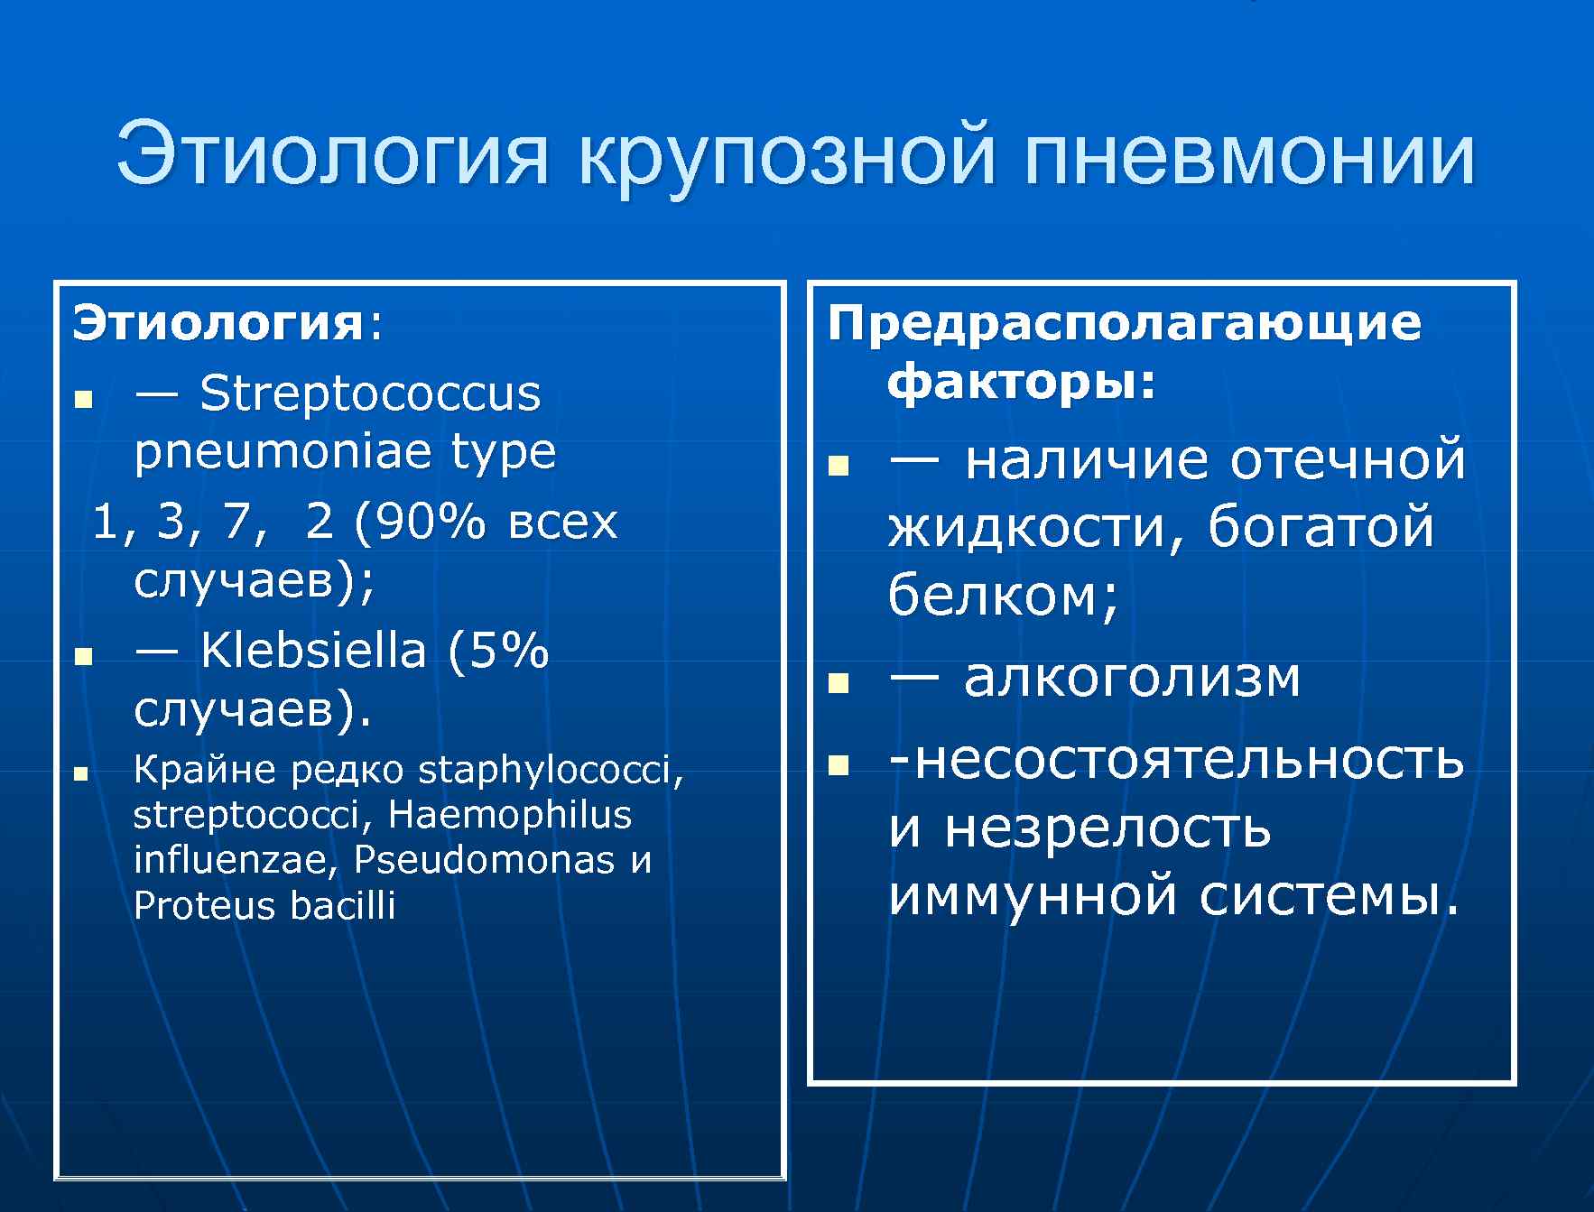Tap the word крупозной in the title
786,155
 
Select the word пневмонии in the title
1250,155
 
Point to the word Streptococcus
370,394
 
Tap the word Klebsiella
312,650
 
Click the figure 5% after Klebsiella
510,650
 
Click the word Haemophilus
510,815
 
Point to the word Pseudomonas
484,860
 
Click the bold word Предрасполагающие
1124,323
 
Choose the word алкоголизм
1132,678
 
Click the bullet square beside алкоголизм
839,683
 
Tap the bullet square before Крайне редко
81,774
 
